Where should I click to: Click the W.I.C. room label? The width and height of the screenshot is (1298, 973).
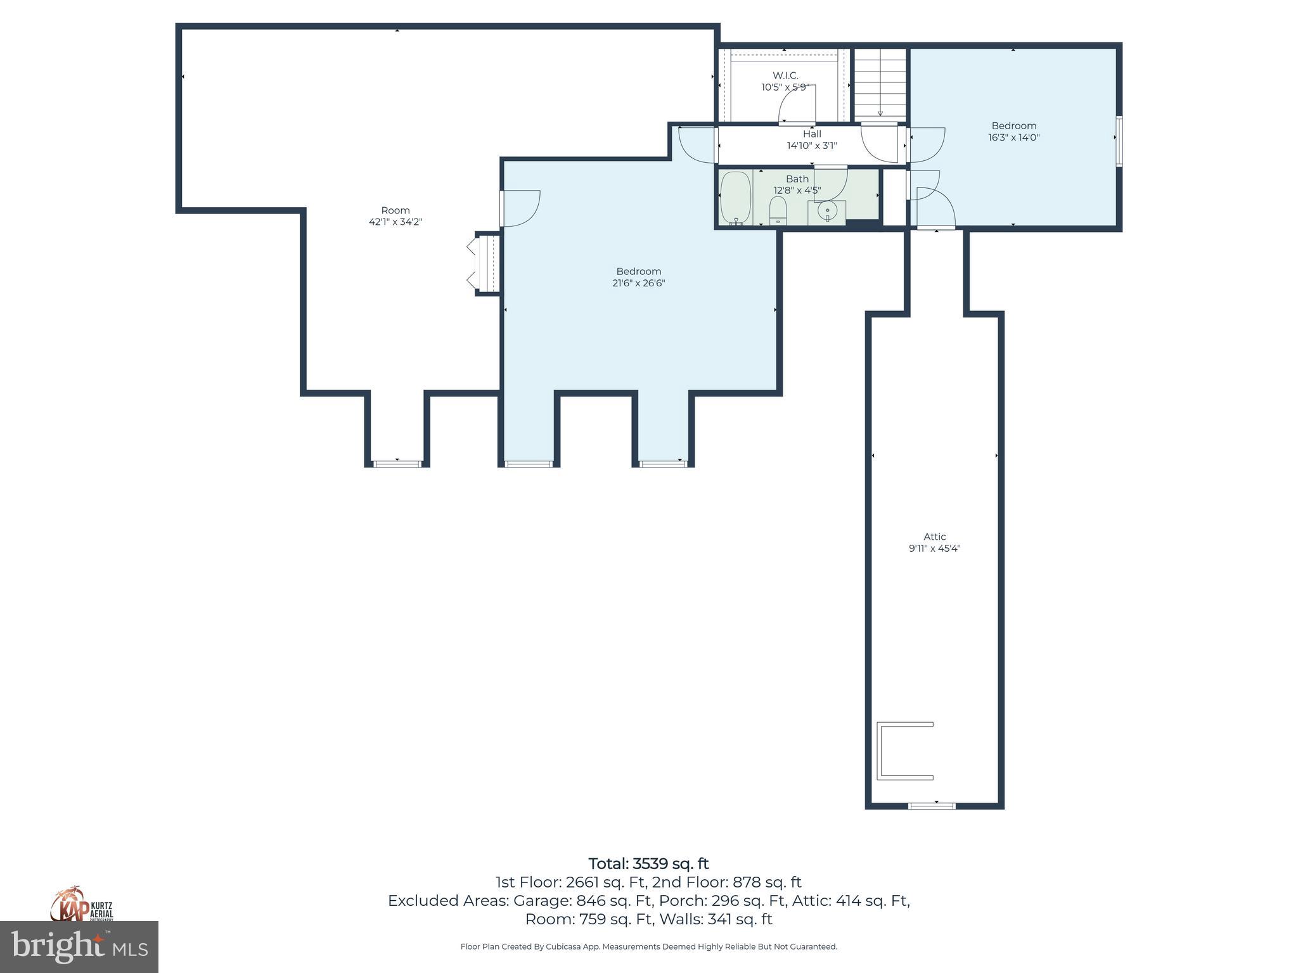[785, 75]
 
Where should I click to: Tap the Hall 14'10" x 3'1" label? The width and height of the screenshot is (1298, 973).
[812, 139]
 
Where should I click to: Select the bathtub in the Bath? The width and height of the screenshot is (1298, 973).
[736, 197]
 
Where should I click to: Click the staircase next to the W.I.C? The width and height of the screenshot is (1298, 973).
[880, 82]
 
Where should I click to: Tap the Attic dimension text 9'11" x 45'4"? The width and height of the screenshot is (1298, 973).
[934, 549]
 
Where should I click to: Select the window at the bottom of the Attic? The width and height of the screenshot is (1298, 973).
[932, 806]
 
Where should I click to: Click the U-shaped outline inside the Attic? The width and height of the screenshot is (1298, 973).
[903, 751]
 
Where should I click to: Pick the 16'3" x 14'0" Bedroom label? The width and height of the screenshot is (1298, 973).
[1013, 131]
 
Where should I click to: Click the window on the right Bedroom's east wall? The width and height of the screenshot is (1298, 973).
[1119, 141]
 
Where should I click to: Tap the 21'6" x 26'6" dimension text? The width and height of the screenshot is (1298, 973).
[638, 283]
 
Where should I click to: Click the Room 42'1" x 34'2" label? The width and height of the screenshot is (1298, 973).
[395, 216]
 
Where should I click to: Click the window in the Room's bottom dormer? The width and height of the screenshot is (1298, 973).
[397, 464]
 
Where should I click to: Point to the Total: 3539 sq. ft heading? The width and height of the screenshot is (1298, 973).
[648, 864]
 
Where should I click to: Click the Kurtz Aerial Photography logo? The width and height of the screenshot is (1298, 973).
[81, 904]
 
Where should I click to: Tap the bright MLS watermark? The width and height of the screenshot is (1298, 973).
[79, 947]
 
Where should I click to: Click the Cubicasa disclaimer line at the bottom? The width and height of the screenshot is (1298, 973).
[648, 947]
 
